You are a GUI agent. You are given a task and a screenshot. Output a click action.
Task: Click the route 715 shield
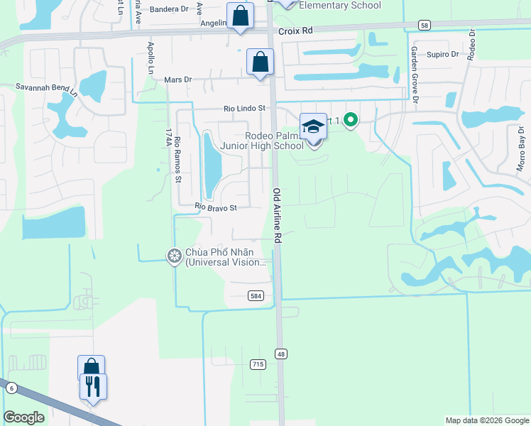258,364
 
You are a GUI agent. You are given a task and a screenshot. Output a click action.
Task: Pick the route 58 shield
424,25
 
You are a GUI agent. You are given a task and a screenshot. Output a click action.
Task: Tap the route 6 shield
11,387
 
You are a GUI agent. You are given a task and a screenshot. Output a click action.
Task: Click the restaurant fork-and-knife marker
93,386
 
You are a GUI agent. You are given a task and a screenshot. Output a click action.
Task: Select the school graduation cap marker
313,126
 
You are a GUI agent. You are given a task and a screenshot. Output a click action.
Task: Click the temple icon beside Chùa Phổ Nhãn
175,256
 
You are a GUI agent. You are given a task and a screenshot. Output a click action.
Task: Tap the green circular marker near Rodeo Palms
350,121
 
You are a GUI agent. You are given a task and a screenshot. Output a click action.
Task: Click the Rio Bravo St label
216,208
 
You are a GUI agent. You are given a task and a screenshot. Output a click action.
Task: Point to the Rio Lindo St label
243,109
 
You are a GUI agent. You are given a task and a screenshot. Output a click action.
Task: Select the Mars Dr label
178,80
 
